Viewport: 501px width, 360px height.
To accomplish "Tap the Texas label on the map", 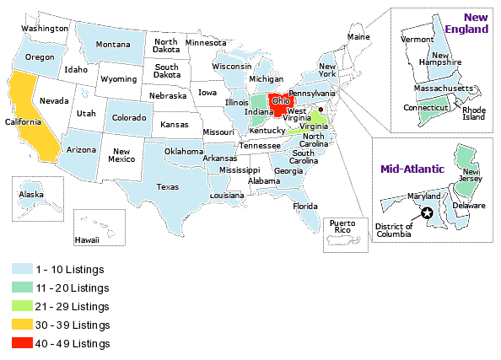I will point(168,187).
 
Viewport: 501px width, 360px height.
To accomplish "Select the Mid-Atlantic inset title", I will point(412,169).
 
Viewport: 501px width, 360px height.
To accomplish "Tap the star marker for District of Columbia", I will point(428,213).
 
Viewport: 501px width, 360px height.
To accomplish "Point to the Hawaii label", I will point(86,239).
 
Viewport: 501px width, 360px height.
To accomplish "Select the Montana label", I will point(112,45).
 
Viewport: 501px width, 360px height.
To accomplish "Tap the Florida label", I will point(305,206).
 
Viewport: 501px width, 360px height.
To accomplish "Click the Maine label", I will point(358,37).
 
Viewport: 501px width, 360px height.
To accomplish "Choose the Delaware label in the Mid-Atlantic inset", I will point(469,206).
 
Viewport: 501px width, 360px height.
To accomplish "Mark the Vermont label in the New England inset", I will point(417,40).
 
